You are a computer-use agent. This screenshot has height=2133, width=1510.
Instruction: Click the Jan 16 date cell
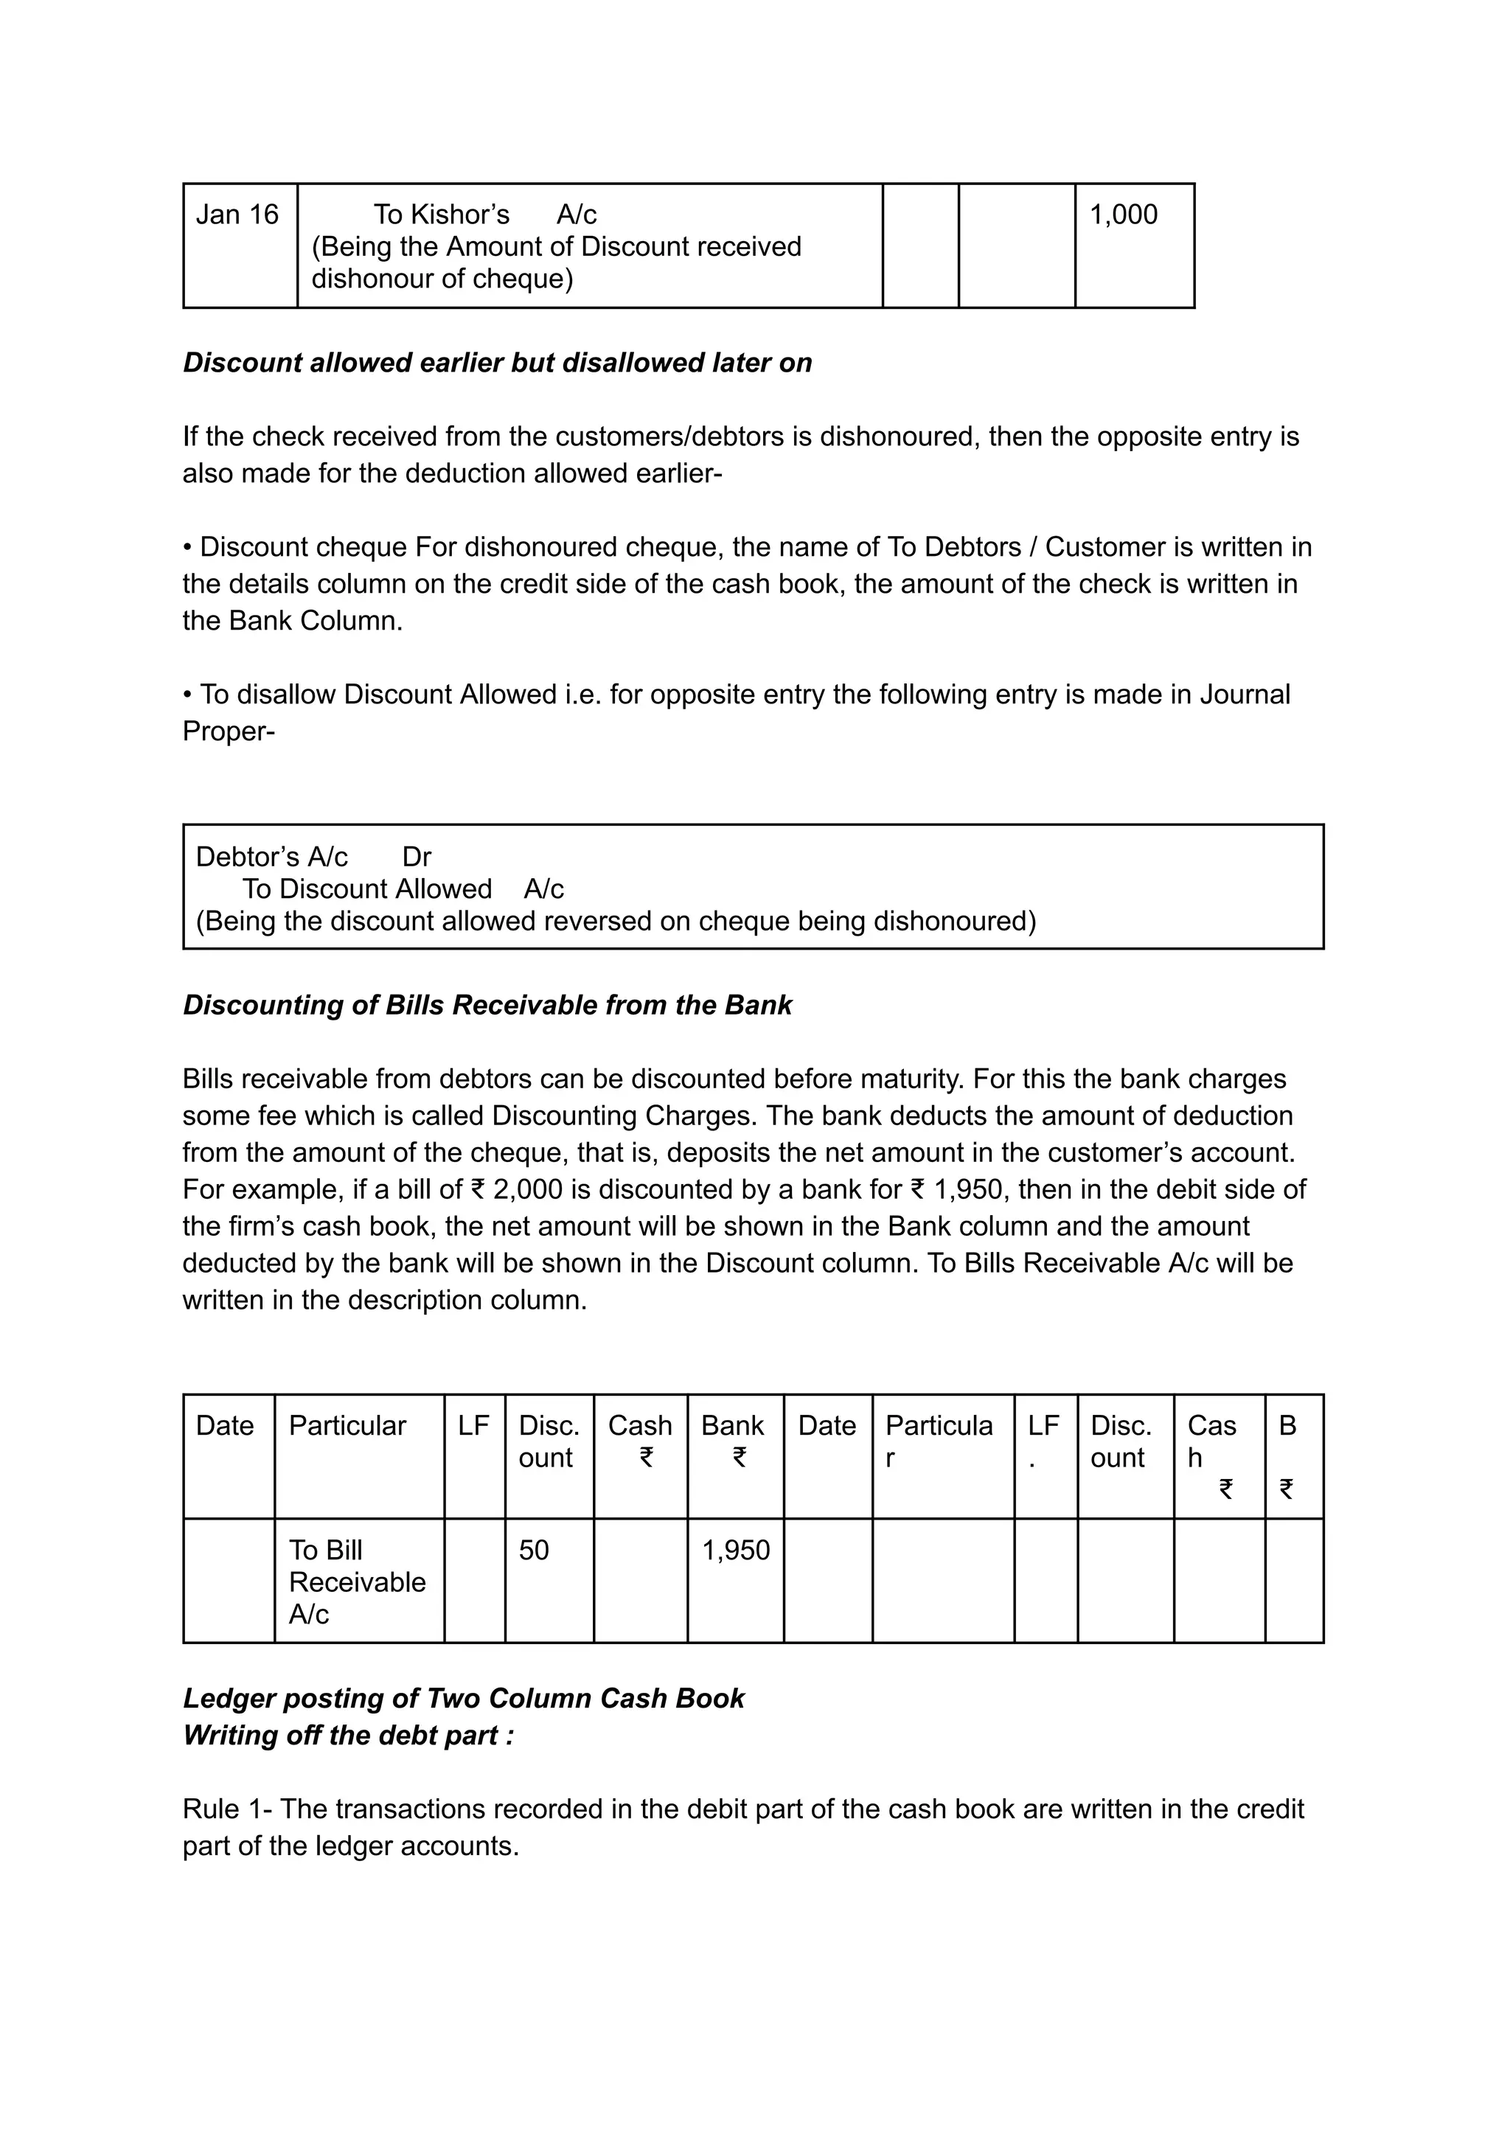point(237,215)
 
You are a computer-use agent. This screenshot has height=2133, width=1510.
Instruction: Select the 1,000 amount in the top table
point(1123,215)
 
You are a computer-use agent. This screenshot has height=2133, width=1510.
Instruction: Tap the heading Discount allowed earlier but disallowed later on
point(498,363)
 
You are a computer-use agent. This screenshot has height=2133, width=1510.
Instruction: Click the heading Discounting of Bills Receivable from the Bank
point(487,1005)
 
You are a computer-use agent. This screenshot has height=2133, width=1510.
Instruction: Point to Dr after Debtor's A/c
point(417,856)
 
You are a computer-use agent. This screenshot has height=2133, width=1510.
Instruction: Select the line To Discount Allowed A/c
point(403,889)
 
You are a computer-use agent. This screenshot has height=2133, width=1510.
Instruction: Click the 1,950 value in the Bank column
point(736,1550)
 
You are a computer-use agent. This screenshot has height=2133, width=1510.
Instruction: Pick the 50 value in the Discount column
point(534,1550)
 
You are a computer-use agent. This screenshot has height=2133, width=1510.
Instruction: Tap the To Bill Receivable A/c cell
point(357,1582)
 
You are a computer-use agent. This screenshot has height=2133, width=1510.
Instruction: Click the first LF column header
point(473,1425)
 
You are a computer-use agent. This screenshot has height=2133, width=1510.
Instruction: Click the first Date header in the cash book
point(224,1425)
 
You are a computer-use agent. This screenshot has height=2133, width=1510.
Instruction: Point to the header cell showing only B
point(1288,1425)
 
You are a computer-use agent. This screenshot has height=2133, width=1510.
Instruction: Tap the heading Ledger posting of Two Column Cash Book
point(463,1698)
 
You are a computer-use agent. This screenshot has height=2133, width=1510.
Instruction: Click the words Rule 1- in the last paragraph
point(227,1809)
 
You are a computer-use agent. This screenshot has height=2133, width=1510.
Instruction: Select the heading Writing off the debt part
point(348,1735)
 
